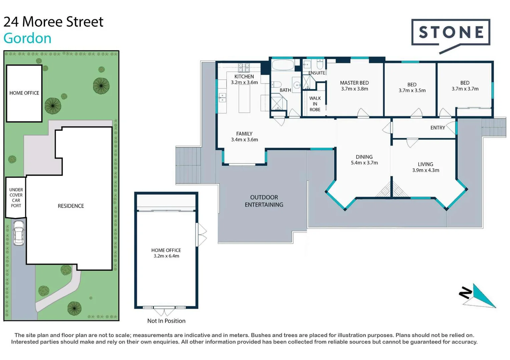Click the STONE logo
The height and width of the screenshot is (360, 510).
tap(451, 33)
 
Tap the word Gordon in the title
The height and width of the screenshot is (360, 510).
tap(27, 38)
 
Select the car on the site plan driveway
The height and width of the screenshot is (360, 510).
tap(18, 233)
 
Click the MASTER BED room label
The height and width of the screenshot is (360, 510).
tap(354, 83)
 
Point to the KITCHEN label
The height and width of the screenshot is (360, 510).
tap(244, 76)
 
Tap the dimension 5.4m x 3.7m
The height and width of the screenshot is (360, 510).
tap(364, 163)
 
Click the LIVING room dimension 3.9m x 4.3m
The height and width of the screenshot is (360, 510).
tap(426, 170)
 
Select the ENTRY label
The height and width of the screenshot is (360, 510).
tap(438, 128)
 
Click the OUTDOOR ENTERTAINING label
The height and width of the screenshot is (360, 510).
tap(264, 201)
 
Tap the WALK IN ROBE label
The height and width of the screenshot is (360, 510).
tap(315, 104)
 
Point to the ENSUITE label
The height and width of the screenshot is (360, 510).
tap(317, 73)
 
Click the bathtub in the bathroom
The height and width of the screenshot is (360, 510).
tap(283, 65)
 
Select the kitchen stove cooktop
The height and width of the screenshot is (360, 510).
tap(244, 68)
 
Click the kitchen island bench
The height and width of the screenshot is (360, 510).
tap(244, 99)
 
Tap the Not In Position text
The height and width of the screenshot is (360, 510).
tap(166, 321)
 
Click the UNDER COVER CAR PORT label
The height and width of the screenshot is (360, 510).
tap(16, 198)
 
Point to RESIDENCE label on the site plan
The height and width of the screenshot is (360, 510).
tap(71, 206)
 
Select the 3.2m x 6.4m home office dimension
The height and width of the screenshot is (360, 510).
tap(166, 256)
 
